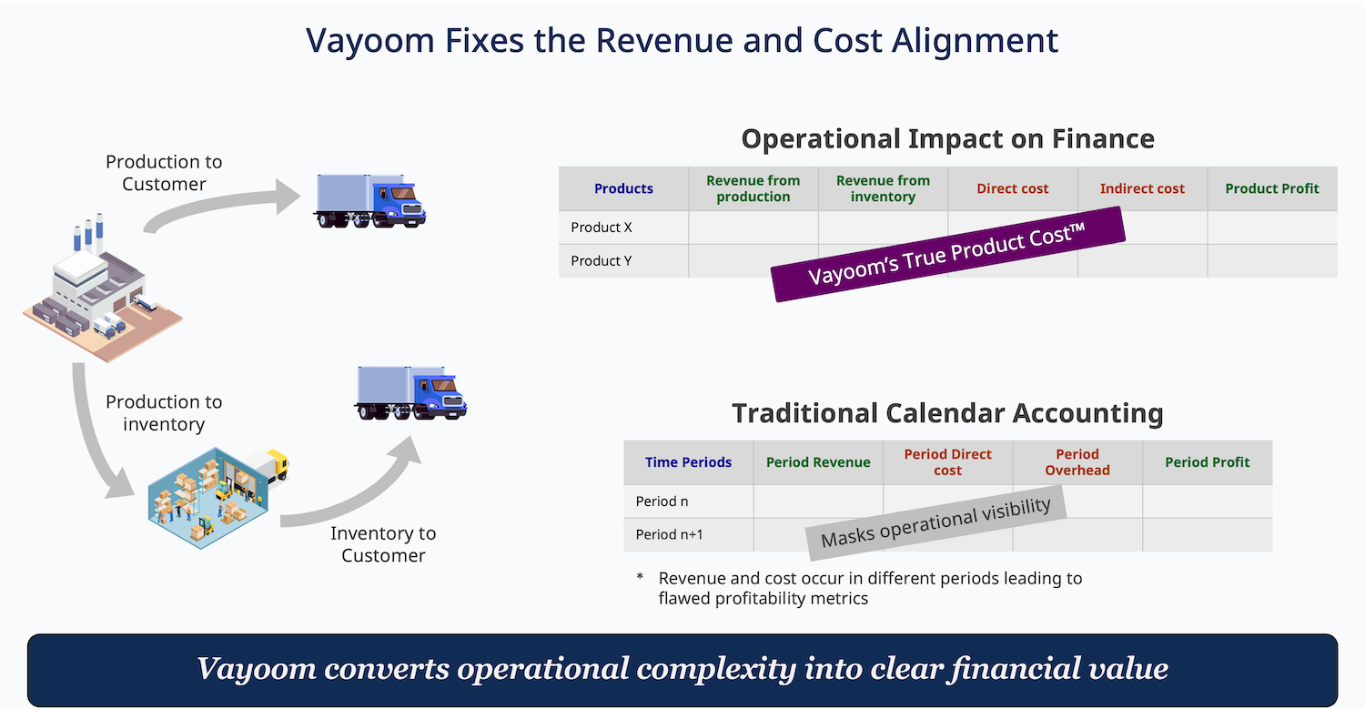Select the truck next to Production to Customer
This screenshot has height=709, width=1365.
[369, 201]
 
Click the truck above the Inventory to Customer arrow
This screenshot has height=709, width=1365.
[410, 393]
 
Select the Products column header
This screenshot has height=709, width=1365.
[623, 188]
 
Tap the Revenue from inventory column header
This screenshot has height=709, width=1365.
[883, 188]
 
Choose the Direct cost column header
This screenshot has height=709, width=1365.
[1012, 188]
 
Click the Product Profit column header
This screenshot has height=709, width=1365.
[1272, 188]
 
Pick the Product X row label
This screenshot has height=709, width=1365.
[602, 228]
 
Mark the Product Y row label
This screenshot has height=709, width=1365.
[602, 261]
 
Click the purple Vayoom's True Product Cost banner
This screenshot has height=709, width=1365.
[947, 254]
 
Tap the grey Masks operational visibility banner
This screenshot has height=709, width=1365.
[936, 522]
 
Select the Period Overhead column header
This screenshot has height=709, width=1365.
[1077, 462]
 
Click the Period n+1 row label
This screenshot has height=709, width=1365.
[669, 534]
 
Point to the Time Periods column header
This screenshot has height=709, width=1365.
[688, 462]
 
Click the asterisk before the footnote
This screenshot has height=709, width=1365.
[640, 577]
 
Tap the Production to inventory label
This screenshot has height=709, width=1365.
[164, 412]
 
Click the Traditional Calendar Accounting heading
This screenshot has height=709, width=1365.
[947, 413]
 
